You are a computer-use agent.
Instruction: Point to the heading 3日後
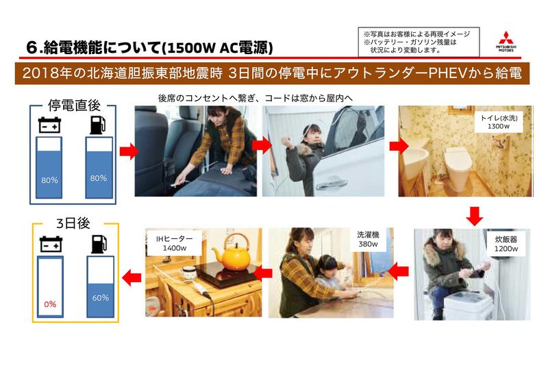74,223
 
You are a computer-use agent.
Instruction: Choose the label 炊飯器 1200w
506,244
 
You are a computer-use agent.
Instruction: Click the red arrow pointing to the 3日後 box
131,275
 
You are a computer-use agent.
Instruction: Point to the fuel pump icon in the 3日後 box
97,244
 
